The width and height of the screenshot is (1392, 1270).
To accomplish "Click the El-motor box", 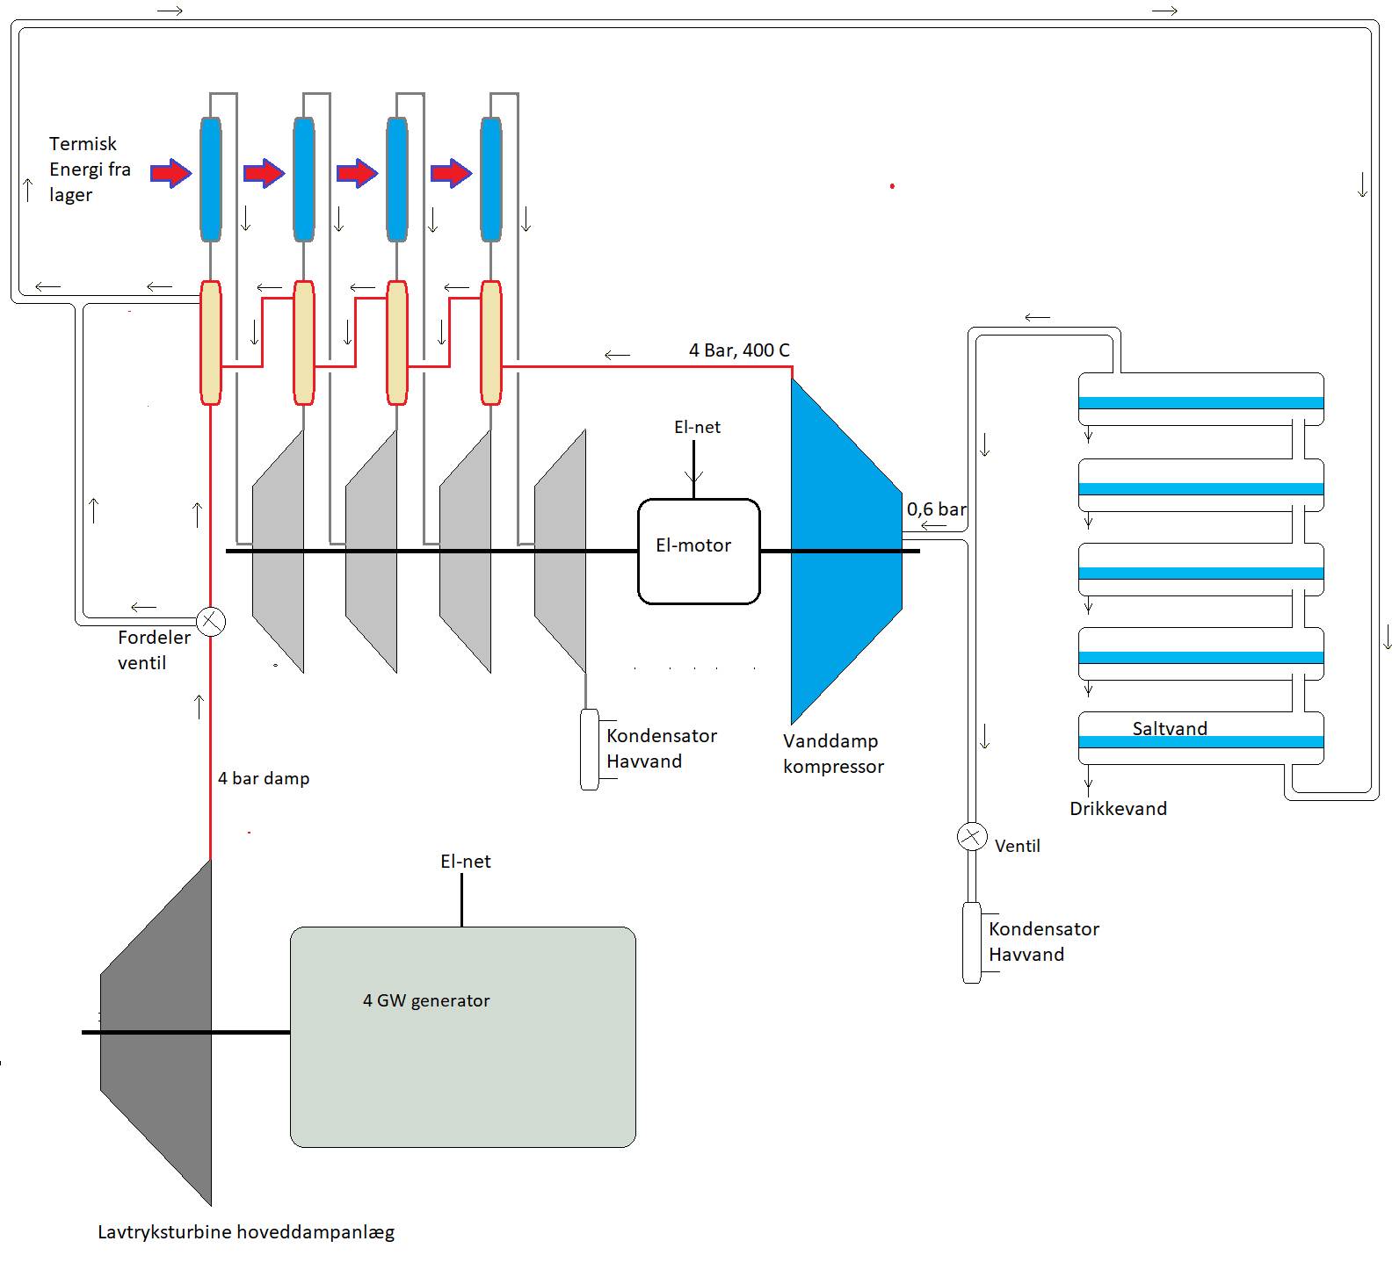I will click(x=699, y=552).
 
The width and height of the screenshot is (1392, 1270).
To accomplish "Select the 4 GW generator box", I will click(x=462, y=1036).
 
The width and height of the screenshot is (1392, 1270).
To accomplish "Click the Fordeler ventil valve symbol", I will click(x=211, y=622).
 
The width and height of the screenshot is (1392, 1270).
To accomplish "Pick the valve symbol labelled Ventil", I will click(x=971, y=836).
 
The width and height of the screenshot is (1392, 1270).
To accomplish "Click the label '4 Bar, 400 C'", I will click(x=739, y=350).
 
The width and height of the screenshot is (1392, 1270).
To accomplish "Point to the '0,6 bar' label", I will click(x=936, y=509).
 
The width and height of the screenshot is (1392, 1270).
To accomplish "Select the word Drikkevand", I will click(x=1118, y=809).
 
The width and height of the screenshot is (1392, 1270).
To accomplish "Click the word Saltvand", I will click(x=1170, y=728).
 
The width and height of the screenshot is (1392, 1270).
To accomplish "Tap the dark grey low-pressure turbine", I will click(x=158, y=1032).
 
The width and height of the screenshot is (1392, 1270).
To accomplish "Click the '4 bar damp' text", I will click(x=264, y=778).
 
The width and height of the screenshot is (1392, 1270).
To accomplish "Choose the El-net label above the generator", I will click(x=466, y=862).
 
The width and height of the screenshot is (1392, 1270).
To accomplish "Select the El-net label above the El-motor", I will click(x=697, y=428).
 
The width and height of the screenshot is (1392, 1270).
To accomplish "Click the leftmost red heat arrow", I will click(x=170, y=173).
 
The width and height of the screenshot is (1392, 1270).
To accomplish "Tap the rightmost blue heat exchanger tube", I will click(x=491, y=179).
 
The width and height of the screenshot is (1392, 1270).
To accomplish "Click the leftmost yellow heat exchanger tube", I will click(x=211, y=343).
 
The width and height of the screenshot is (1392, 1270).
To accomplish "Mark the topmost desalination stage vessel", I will click(x=1200, y=399).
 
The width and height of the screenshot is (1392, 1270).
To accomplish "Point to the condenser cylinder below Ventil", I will click(x=971, y=942).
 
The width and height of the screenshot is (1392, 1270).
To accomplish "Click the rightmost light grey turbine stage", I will click(x=561, y=552).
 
